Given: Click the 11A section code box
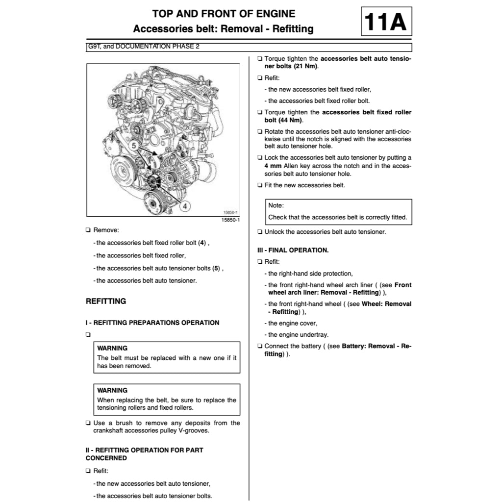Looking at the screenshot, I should tap(386, 22).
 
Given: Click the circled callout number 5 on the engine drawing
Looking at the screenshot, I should tap(134, 145).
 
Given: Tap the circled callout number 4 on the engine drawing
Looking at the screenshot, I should tap(184, 206).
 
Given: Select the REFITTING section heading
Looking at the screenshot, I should tap(106, 301).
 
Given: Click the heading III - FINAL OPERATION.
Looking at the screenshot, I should tap(293, 250).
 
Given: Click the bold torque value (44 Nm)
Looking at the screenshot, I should tap(291, 120).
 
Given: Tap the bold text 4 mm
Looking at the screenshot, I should tap(273, 166).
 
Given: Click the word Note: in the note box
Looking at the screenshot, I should tap(276, 205).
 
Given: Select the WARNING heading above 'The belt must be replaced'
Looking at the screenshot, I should tap(112, 348).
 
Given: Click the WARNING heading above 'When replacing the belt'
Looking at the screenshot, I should tap(112, 390).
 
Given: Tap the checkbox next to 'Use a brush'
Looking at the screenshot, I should tap(88, 423).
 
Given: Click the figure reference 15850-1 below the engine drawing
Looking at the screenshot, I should tap(230, 220).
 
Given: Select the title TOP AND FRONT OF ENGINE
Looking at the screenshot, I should tap(224, 14).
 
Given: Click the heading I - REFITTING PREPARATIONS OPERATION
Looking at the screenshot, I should tap(152, 323).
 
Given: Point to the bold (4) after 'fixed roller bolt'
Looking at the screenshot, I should tap(202, 243).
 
